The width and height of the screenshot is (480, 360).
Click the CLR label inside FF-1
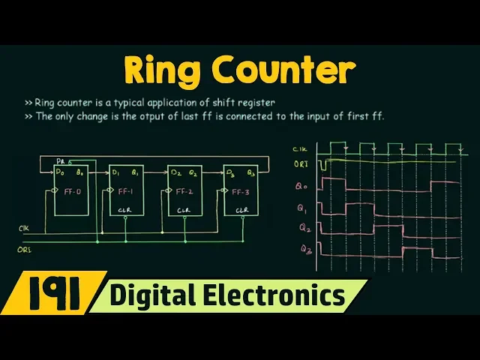(x=125, y=211)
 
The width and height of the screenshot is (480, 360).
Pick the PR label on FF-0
(x=60, y=160)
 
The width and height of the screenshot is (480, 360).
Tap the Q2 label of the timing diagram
(x=302, y=226)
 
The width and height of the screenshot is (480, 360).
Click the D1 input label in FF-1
(x=116, y=172)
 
